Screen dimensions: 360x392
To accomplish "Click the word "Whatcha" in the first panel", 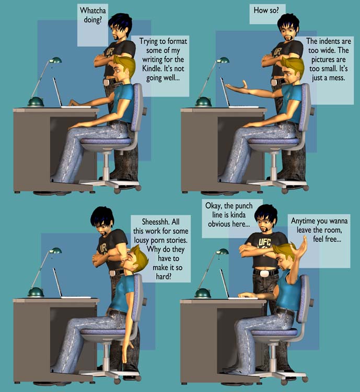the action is coord(93,10).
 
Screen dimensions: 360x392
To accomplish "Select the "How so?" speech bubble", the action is coord(268,14).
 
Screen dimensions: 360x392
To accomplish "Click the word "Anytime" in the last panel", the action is coord(303,221).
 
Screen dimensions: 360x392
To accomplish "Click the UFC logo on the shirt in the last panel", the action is coord(264,242).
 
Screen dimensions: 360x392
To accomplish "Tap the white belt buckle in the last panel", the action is coord(264,273).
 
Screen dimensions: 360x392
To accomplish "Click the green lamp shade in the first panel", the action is coord(55,60).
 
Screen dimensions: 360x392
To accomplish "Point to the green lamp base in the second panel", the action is coord(203,101).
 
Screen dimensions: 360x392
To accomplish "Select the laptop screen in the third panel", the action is coord(57,282).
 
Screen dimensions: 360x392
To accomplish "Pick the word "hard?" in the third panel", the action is coord(164,276).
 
